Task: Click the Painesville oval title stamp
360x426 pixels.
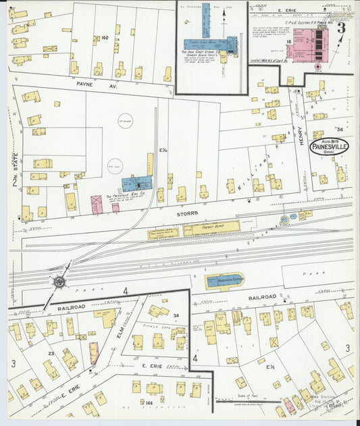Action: tap(330, 147)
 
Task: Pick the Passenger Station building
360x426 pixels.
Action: tap(224, 279)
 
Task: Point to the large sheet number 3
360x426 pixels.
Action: tap(340, 28)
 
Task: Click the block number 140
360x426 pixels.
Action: tap(105, 38)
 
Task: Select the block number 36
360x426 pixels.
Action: tap(339, 129)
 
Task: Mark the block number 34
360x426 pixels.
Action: tap(176, 315)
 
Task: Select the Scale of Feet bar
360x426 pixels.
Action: tap(247, 401)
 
